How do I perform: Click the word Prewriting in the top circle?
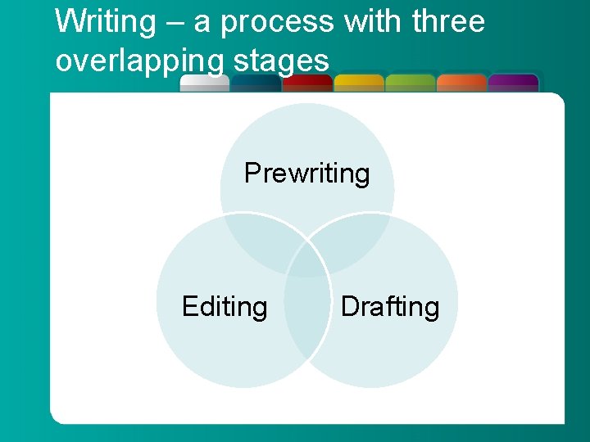coord(306,174)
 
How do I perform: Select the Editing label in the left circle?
coord(225,307)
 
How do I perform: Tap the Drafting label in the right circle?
coord(390,307)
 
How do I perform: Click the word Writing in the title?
coord(105,22)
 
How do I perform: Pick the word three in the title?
coord(448,22)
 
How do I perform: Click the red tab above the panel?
coord(306,83)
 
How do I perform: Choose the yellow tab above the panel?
coord(359,83)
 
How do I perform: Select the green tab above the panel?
coord(410,83)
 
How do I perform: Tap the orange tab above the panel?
coord(461,83)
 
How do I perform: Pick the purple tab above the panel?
coord(513,83)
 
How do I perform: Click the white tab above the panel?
coord(204,83)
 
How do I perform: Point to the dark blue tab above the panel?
coord(256,83)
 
